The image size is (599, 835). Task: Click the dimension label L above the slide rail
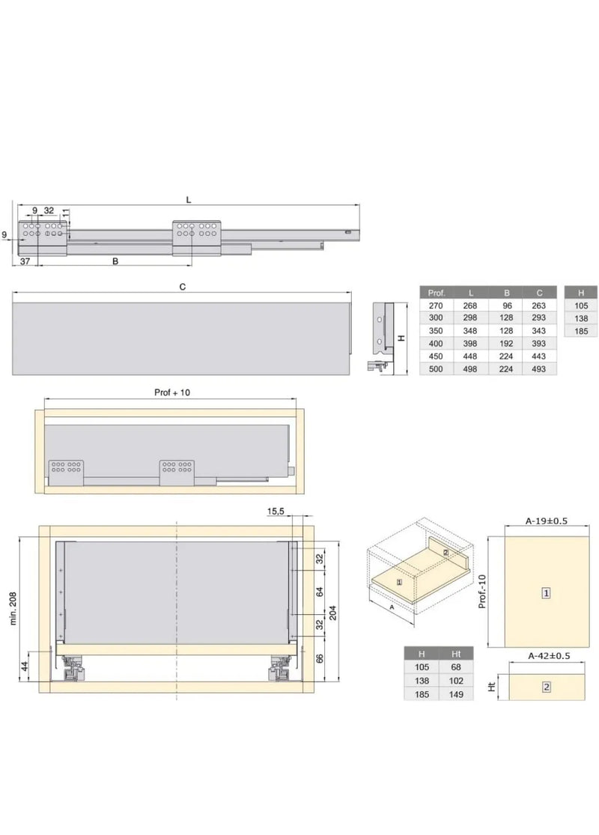pyautogui.click(x=189, y=200)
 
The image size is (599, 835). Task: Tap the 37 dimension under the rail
pyautogui.click(x=25, y=261)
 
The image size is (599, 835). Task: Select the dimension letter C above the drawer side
pyautogui.click(x=183, y=287)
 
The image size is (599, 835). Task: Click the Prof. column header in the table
pyautogui.click(x=436, y=293)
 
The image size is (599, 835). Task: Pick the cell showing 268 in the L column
pyautogui.click(x=470, y=306)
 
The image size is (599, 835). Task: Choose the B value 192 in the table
pyautogui.click(x=506, y=344)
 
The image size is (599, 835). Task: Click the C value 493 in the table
pyautogui.click(x=539, y=369)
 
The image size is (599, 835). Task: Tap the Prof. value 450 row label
pyautogui.click(x=436, y=356)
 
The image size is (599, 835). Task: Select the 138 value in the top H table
pyautogui.click(x=582, y=318)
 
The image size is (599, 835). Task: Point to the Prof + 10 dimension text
pyautogui.click(x=172, y=392)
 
